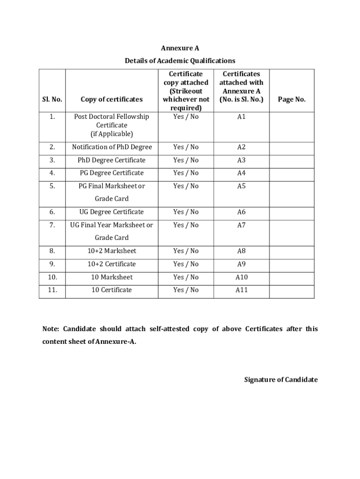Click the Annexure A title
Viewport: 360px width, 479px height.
[180, 48]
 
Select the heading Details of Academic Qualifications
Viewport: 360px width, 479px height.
[180, 61]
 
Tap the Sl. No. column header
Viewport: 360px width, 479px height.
[52, 99]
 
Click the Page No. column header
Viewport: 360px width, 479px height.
[292, 99]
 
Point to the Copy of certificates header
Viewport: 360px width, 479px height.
[112, 99]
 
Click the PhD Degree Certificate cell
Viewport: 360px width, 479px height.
[112, 160]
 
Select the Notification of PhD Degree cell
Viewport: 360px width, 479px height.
[112, 147]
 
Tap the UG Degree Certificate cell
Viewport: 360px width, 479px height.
[112, 212]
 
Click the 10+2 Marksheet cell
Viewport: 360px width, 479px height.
[112, 251]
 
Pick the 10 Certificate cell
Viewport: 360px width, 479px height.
[112, 290]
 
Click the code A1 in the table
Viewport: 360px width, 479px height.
[241, 116]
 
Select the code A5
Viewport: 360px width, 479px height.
[241, 186]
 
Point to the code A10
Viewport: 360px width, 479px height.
[241, 277]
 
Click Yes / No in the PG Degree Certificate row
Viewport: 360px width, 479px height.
[186, 173]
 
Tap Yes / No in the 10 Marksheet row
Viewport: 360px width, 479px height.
[186, 277]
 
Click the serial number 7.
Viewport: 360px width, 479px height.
[52, 225]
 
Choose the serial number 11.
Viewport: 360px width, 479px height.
[52, 290]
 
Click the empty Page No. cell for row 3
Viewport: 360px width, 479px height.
[292, 160]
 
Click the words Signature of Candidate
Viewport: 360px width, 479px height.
[281, 379]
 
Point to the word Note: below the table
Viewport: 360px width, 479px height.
[51, 329]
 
